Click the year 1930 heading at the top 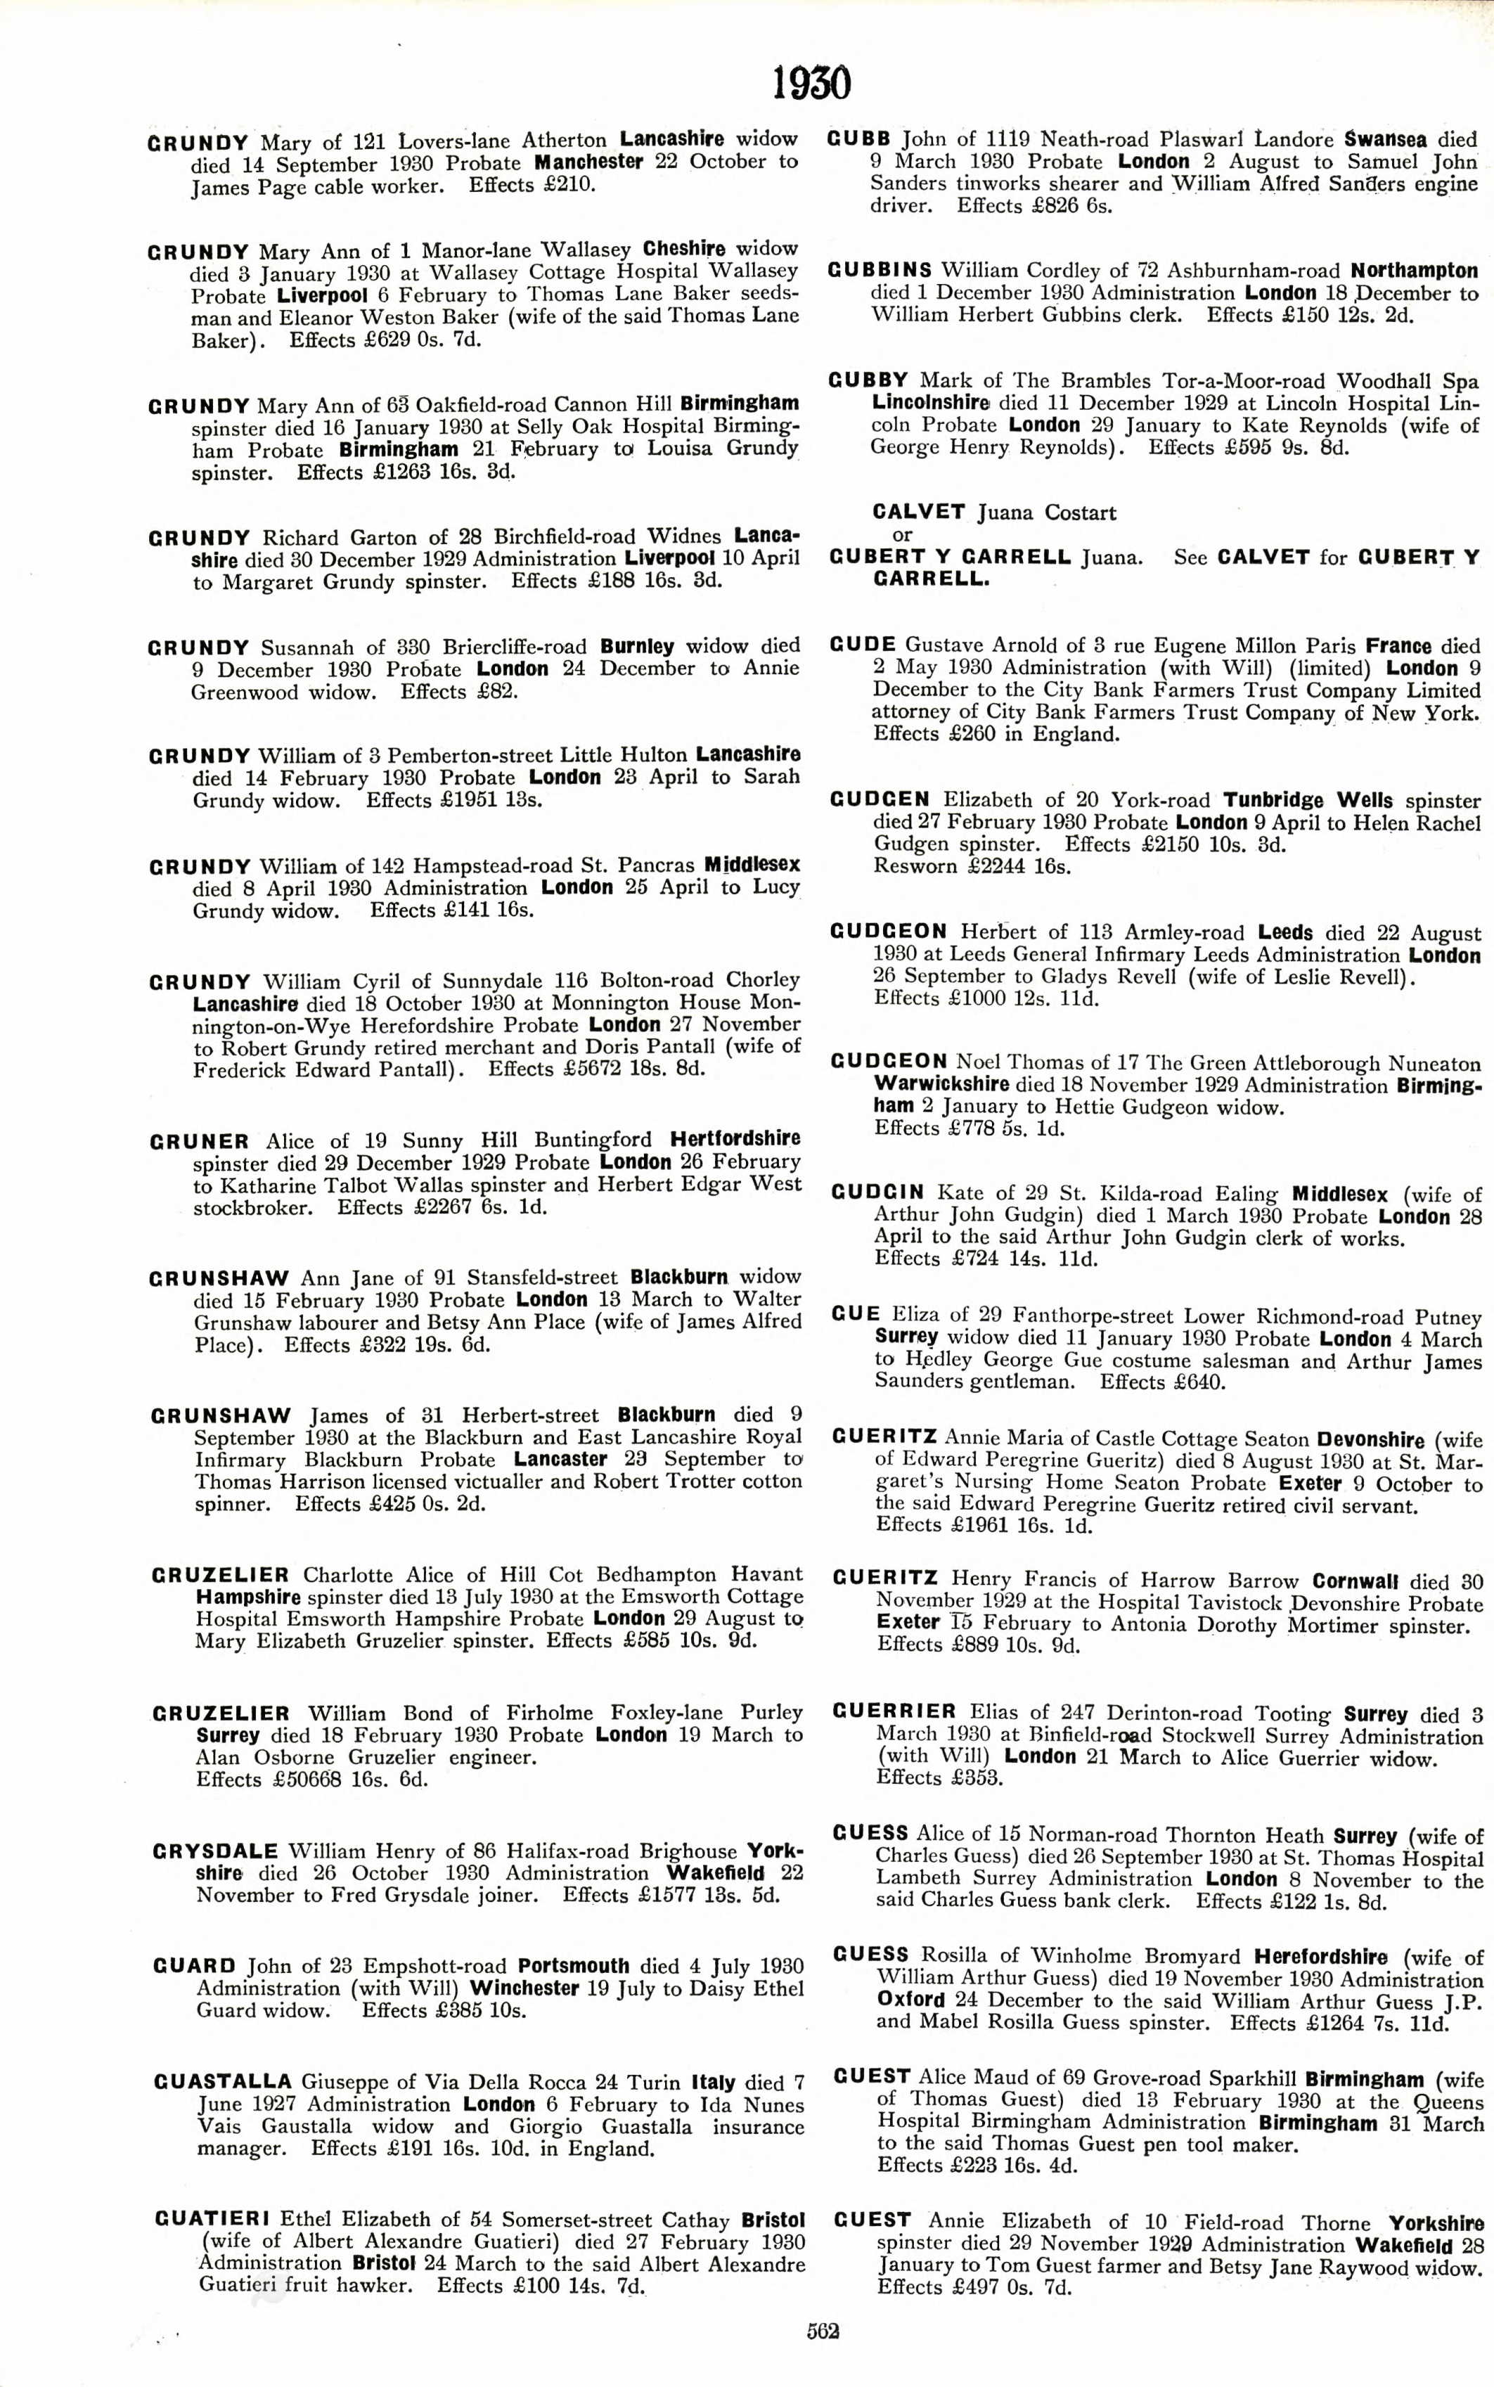click(x=811, y=84)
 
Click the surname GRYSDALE click(x=215, y=1851)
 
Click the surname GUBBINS click(x=880, y=271)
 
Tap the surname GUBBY click(x=868, y=380)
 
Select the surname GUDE click(x=863, y=646)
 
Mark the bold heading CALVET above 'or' click(x=919, y=512)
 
